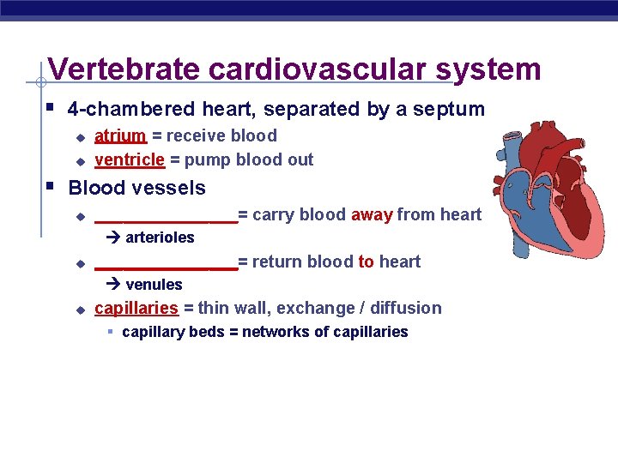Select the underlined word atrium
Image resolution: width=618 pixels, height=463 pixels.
tap(120, 135)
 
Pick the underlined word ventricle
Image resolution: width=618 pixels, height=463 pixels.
tap(129, 159)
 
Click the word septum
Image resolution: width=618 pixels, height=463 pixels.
tap(454, 110)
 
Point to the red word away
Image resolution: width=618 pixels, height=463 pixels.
tap(372, 214)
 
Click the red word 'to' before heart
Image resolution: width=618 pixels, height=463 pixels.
tap(367, 262)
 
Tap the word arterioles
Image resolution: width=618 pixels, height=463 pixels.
tap(160, 238)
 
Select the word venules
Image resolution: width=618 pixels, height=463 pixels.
tap(154, 285)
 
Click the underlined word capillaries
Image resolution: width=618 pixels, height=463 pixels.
tap(136, 308)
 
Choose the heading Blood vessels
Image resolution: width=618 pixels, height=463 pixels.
tap(137, 188)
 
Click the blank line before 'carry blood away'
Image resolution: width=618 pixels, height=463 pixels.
tap(166, 219)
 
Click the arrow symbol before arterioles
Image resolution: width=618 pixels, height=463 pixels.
tap(114, 238)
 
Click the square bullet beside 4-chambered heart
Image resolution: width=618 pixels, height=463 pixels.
tap(51, 109)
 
